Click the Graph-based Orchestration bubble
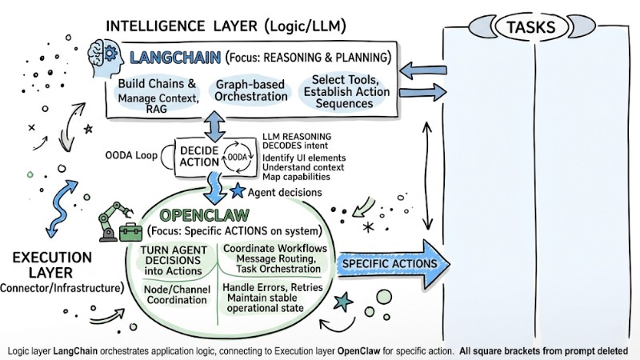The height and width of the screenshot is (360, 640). point(251,90)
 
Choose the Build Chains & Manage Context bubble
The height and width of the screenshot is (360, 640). point(157,97)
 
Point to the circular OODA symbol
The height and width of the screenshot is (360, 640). point(239,157)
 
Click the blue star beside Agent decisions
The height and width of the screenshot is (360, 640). point(237,192)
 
